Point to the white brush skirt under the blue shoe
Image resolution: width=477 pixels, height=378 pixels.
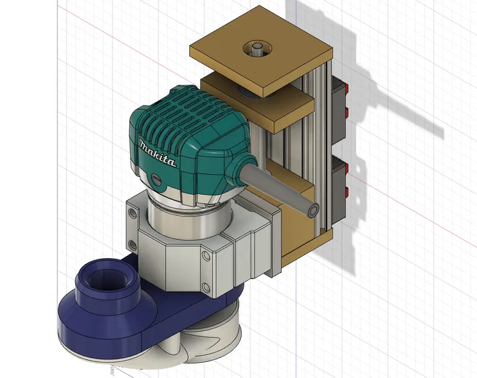click(x=206, y=345)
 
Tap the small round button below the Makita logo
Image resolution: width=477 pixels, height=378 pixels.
click(x=157, y=180)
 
